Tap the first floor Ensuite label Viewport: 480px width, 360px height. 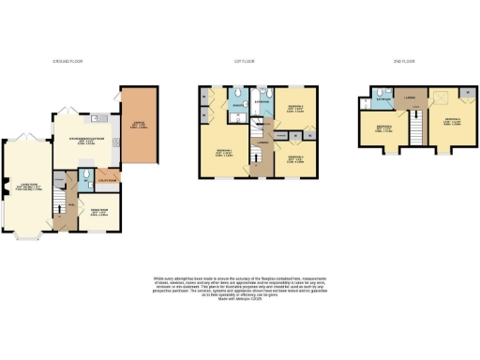tap(240, 106)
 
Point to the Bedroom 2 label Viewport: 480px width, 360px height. tap(292, 114)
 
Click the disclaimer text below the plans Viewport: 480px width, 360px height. tap(239, 288)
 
